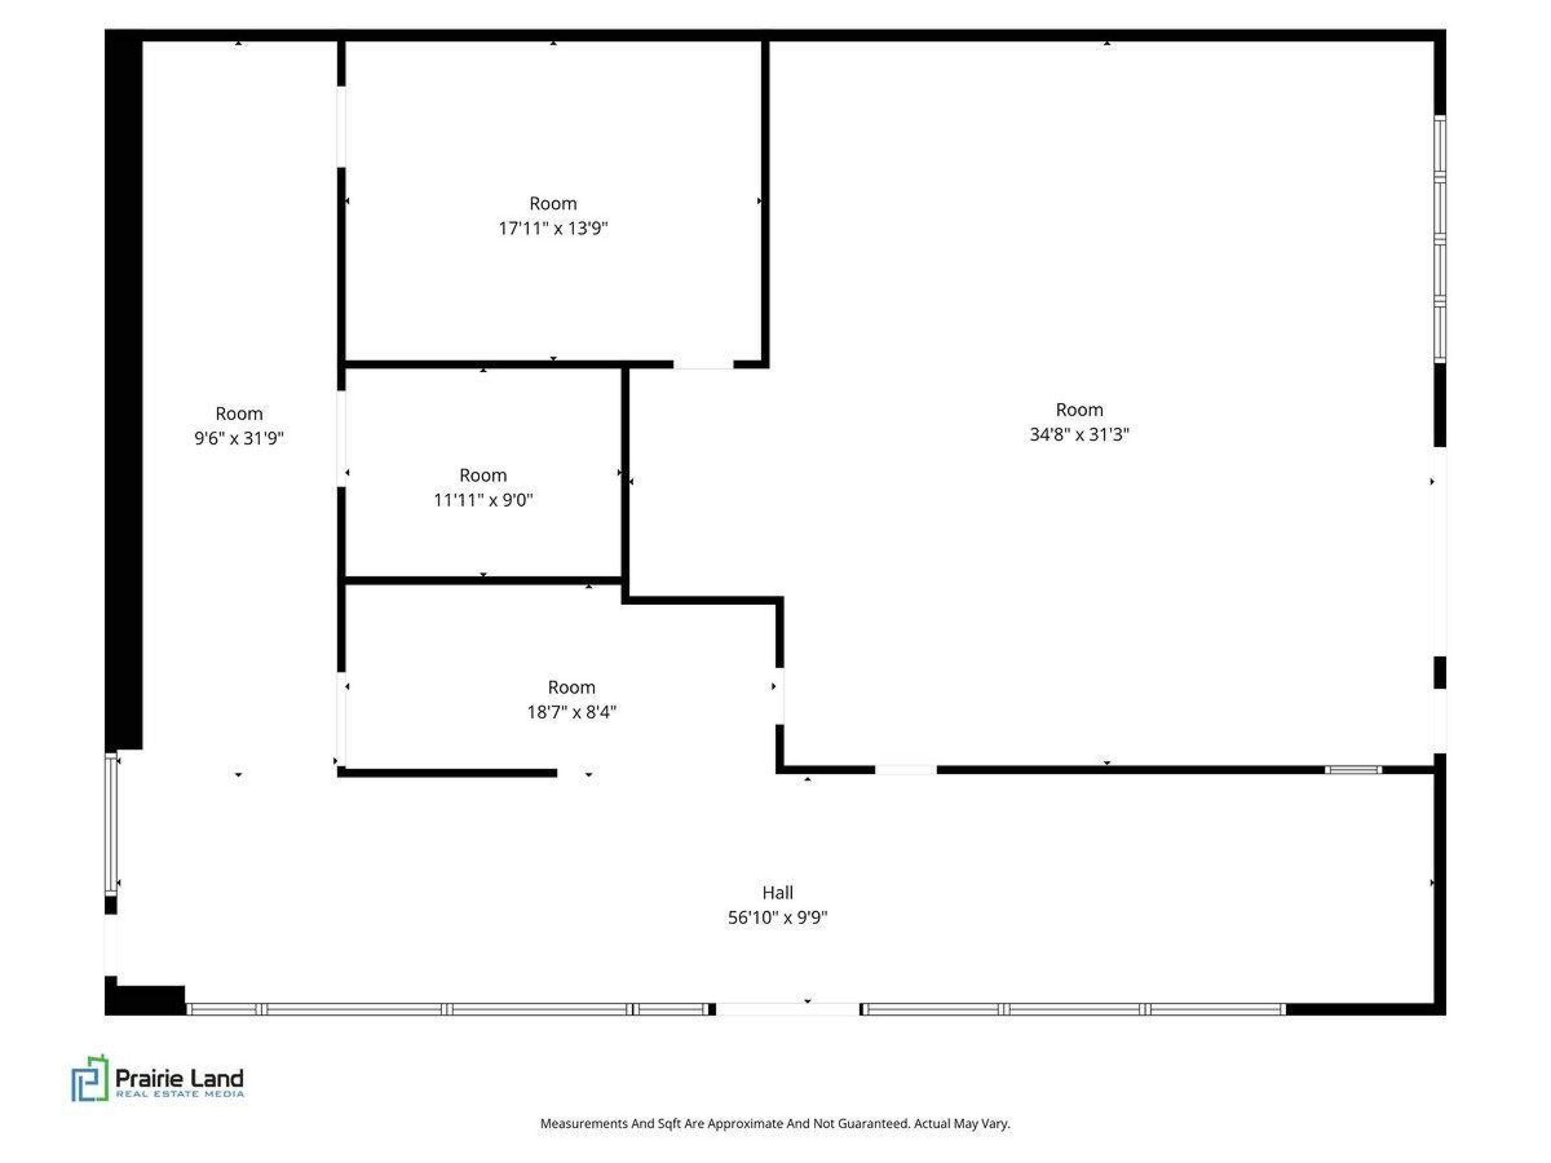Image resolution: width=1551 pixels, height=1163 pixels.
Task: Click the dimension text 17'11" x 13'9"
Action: pos(552,228)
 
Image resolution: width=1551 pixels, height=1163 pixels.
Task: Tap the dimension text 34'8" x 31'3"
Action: pos(1079,434)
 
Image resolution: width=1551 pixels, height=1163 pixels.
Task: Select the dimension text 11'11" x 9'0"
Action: pos(483,500)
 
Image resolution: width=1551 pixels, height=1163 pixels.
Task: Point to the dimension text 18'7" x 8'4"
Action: pos(572,712)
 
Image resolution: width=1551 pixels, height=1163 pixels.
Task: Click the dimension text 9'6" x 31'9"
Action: pos(239,438)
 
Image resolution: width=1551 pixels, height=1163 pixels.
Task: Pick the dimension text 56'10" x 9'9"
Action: pos(778,918)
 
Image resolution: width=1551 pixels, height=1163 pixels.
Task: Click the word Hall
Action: pos(778,893)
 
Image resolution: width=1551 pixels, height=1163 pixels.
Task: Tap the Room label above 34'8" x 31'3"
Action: pos(1079,409)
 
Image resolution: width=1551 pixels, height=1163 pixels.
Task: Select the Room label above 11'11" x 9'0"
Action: pos(483,475)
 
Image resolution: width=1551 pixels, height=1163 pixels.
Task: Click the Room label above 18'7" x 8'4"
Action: pos(572,687)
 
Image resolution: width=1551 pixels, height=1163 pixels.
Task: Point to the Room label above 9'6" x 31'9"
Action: pos(239,413)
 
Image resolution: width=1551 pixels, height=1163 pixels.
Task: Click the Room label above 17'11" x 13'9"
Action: pos(552,204)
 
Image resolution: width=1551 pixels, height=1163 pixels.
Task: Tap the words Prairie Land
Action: pos(180,1078)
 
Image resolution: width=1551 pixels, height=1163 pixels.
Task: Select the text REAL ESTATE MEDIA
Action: pos(180,1094)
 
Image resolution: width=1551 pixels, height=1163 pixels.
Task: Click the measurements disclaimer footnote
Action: pos(775,1123)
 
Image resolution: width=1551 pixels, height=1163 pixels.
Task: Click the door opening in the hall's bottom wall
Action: pos(787,1009)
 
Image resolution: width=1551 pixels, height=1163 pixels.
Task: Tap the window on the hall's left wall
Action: pos(110,824)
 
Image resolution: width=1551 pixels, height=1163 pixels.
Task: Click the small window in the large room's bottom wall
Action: pos(1353,770)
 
